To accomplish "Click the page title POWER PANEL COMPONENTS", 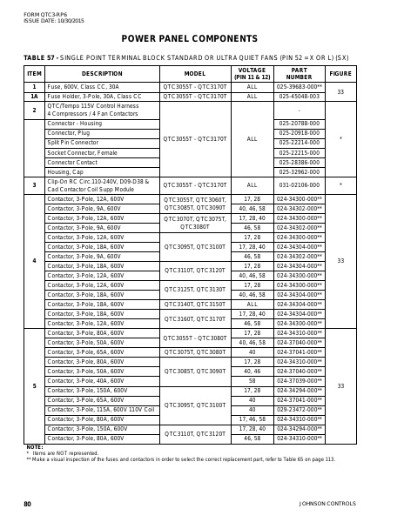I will [201, 38].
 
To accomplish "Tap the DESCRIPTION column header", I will [102, 74].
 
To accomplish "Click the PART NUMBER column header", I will [299, 74].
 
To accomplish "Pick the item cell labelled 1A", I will [34, 97].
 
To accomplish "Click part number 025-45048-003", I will [299, 97].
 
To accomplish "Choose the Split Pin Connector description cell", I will [73, 143].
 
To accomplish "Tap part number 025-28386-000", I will [299, 162].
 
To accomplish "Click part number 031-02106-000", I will [299, 184].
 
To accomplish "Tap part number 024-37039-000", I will [299, 380].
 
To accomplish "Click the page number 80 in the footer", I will [27, 504].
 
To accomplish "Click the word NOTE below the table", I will [34, 447].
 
